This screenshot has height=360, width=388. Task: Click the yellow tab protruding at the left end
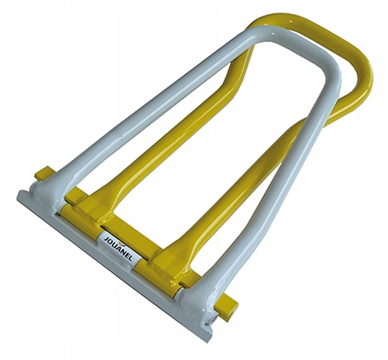pos(45,173)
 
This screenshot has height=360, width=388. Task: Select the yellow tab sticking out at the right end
pos(227,308)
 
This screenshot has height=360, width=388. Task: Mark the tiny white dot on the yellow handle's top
pos(290,21)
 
